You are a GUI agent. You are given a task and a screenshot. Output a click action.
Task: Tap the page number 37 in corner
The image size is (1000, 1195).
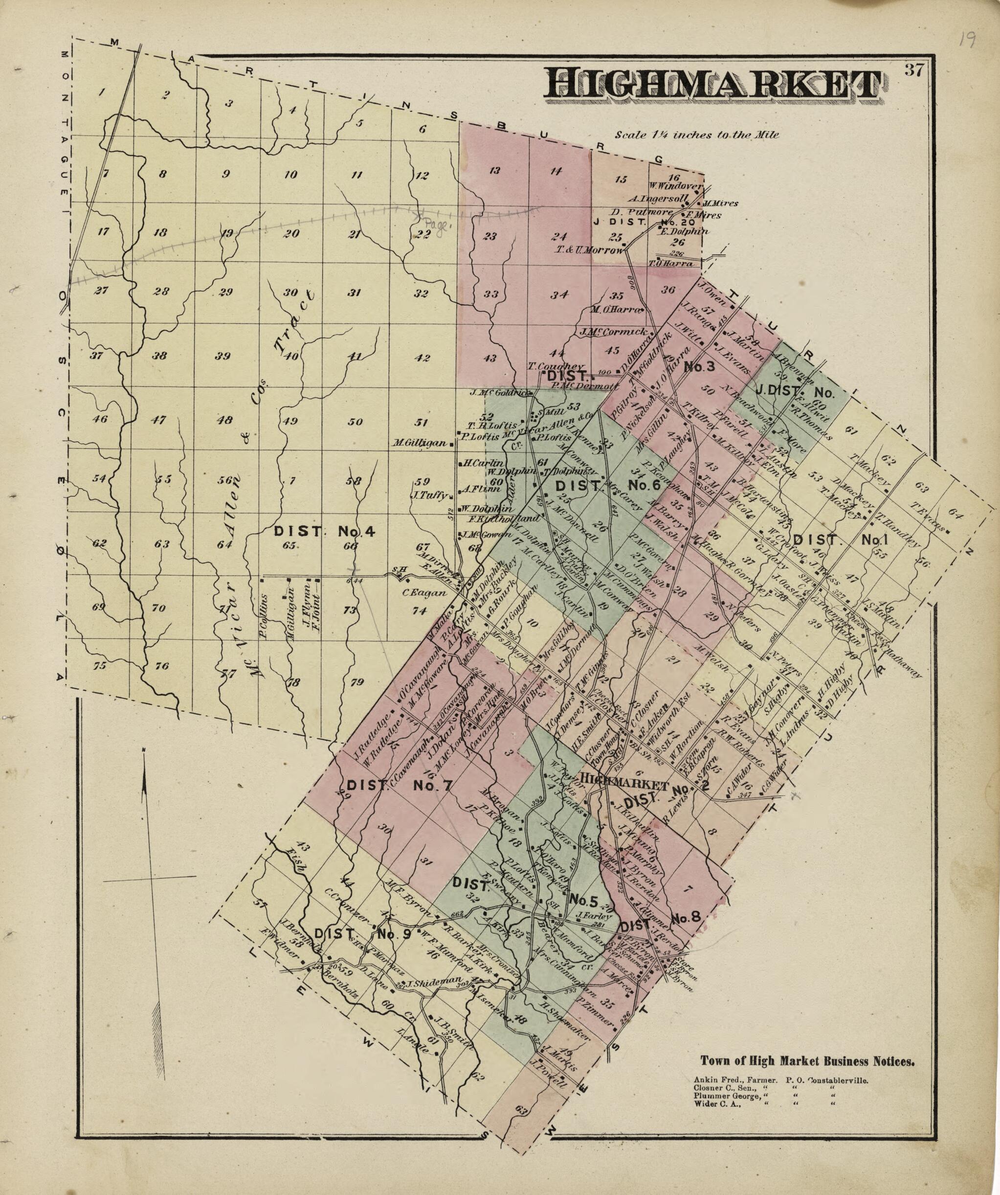[x=914, y=70]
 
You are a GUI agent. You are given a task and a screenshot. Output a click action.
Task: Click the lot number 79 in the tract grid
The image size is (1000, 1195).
[x=356, y=683]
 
